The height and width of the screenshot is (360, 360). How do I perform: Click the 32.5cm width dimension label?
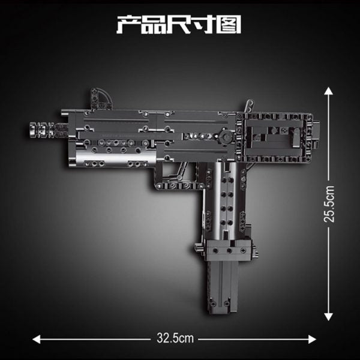point(175,338)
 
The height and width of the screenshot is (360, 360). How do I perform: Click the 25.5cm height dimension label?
point(329,204)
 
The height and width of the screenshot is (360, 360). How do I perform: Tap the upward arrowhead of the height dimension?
point(329,91)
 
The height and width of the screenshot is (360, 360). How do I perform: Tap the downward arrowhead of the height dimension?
point(329,317)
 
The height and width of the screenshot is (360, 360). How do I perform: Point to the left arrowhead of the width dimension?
point(37,339)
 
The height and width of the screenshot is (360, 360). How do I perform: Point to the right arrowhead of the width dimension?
point(312,339)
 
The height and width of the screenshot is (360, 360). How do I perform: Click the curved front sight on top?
point(101,98)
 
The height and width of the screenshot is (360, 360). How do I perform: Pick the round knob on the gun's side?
point(223,136)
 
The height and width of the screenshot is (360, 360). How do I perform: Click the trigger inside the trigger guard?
point(181,170)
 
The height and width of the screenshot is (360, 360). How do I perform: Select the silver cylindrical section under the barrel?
point(115,157)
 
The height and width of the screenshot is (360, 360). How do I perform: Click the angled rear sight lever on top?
point(249,106)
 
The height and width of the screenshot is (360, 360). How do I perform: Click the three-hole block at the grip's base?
point(229,251)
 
